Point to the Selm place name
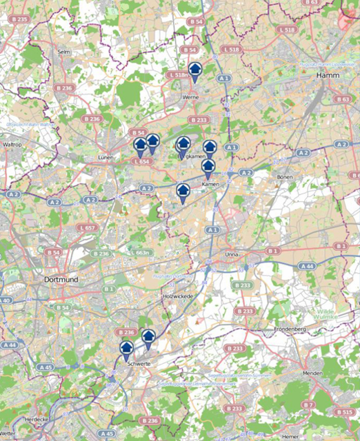(65, 52)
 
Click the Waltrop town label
(13, 145)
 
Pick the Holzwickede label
(179, 296)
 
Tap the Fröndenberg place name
(289, 329)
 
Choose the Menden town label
(312, 373)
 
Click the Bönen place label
(284, 177)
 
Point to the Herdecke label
(17, 418)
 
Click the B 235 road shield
(19, 19)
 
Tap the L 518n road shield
(178, 74)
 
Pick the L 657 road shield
(87, 227)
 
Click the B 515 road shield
(345, 411)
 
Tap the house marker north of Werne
(196, 68)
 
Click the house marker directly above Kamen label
(208, 166)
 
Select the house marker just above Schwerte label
(126, 349)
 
